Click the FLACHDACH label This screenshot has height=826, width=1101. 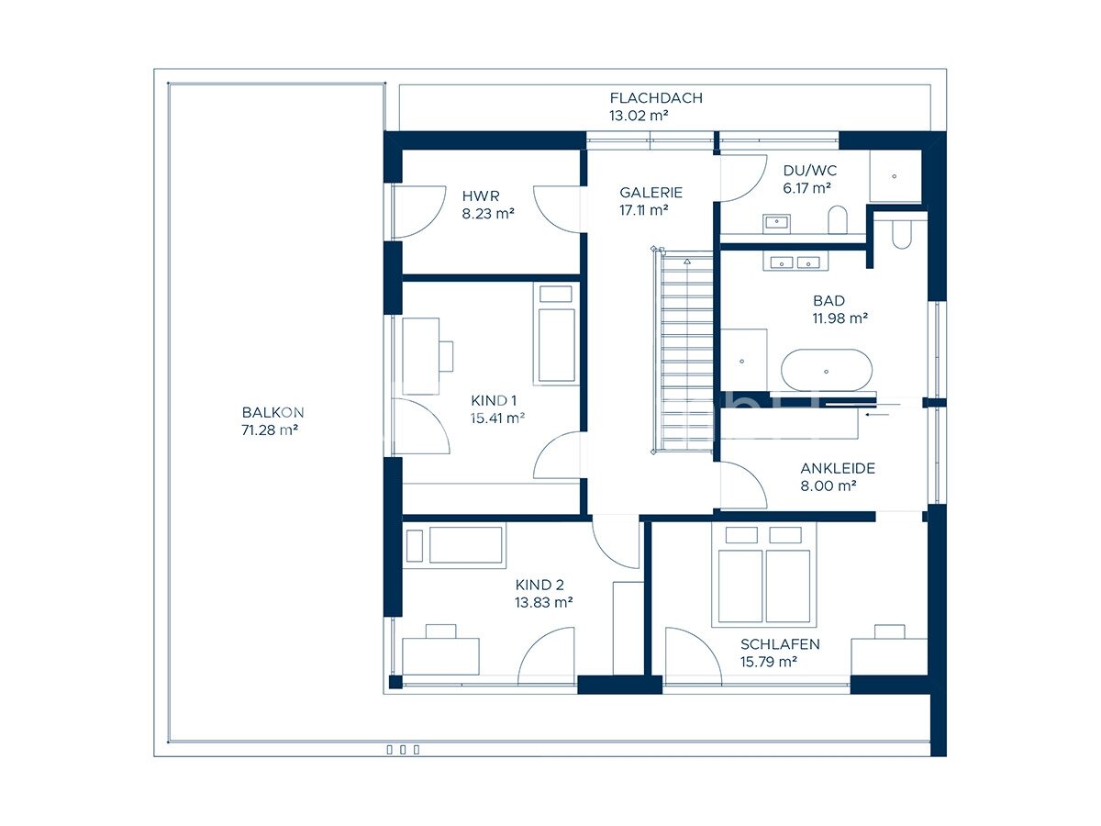coord(656,98)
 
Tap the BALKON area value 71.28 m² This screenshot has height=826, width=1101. coord(270,430)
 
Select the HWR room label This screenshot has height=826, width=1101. coord(481,195)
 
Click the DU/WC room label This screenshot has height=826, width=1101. coord(809,171)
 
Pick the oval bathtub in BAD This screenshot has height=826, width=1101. coord(826,371)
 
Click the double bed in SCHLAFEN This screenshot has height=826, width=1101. coord(764,575)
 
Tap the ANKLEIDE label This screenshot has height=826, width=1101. coord(838,468)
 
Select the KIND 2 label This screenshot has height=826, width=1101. coord(539,585)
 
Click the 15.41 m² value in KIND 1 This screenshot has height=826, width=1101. coord(497,419)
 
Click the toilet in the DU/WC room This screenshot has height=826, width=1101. coord(838,219)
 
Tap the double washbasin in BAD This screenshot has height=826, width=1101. coord(795,262)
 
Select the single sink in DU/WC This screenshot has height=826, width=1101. coord(777,224)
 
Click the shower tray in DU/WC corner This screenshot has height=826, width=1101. coord(895,176)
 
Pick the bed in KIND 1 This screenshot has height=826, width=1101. coord(556,333)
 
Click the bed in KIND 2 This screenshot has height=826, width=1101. coord(454,546)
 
